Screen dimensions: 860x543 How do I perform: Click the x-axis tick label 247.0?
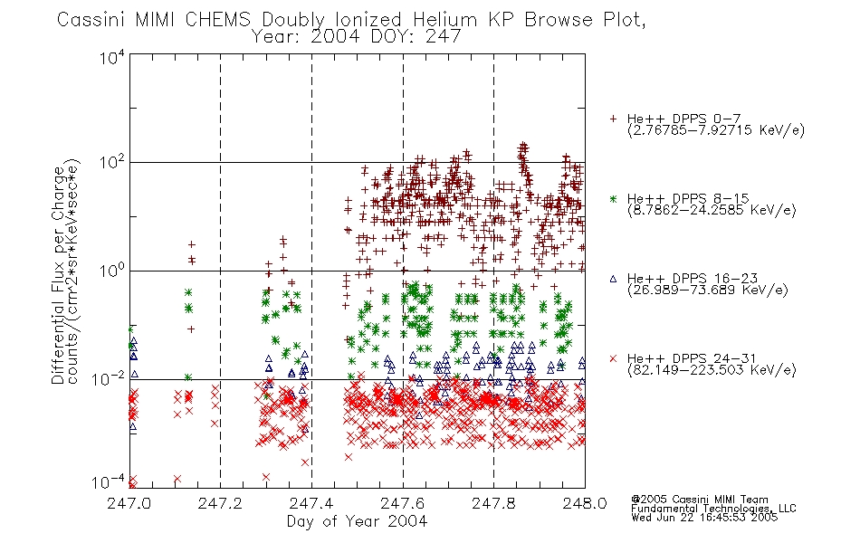[x=129, y=503]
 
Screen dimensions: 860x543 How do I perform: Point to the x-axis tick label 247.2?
[x=220, y=503]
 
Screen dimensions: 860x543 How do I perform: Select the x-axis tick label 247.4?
[x=311, y=503]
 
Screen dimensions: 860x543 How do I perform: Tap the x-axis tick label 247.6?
[x=402, y=503]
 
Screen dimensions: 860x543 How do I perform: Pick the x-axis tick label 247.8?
[x=493, y=503]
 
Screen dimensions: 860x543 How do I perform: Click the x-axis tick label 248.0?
[x=585, y=503]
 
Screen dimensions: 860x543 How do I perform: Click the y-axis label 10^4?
[x=112, y=57]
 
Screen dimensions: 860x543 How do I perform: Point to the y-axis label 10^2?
[x=112, y=162]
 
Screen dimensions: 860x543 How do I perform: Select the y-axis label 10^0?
[x=112, y=271]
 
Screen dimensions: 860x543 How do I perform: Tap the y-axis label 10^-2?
[x=109, y=378]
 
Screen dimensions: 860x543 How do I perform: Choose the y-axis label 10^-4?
[x=109, y=482]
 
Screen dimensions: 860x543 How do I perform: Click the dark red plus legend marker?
[x=613, y=119]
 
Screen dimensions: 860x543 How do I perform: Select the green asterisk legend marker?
[x=613, y=198]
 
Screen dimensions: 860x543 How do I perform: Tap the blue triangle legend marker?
[x=613, y=279]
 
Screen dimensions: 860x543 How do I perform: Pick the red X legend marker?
[x=613, y=358]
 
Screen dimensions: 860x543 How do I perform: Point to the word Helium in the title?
[x=445, y=20]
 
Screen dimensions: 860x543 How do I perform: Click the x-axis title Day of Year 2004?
[x=357, y=521]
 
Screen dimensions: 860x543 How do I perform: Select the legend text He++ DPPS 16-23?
[x=693, y=279]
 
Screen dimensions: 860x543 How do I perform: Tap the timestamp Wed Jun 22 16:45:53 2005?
[x=704, y=518]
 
